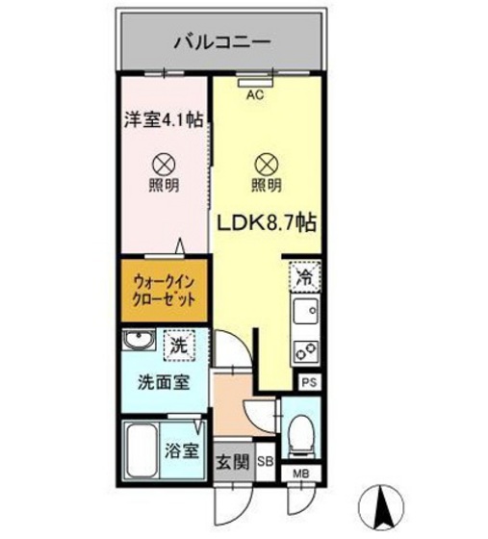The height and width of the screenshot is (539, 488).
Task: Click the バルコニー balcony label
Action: coord(222,41)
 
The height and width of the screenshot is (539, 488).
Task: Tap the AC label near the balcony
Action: coord(255,95)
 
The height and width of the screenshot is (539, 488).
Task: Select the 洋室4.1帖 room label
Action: coord(161,121)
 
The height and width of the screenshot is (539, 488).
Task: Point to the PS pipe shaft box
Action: coord(307,381)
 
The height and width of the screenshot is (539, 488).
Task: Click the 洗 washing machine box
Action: coord(178,343)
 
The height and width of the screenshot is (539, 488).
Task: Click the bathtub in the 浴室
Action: coord(143,449)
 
